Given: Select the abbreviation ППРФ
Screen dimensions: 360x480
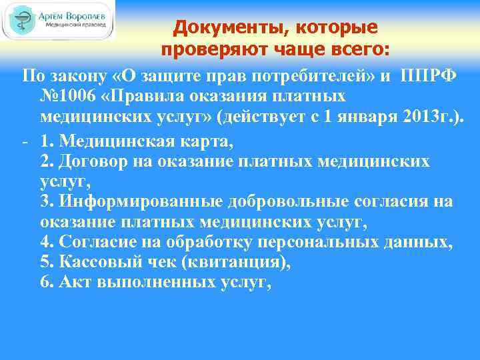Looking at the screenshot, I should click(x=429, y=73).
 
